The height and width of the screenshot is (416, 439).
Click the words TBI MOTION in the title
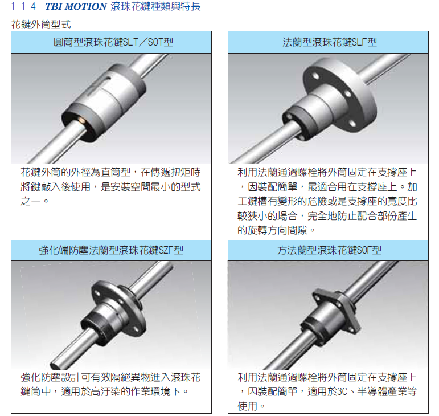76,7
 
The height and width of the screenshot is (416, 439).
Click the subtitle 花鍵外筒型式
41,25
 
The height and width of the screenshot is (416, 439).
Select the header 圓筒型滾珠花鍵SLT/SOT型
113,42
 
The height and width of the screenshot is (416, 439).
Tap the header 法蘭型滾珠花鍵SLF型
330,42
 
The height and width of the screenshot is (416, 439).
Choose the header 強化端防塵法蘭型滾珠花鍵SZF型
111,250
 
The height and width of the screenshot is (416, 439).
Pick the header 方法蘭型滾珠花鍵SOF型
330,250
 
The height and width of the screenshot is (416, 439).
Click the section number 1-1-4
23,7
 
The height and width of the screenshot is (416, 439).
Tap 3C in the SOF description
342,391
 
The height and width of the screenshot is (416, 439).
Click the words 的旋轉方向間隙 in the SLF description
272,230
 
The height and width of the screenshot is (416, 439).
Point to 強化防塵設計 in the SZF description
51,377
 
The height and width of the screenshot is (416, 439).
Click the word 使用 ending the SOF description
247,406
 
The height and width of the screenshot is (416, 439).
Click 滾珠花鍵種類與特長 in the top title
155,7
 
